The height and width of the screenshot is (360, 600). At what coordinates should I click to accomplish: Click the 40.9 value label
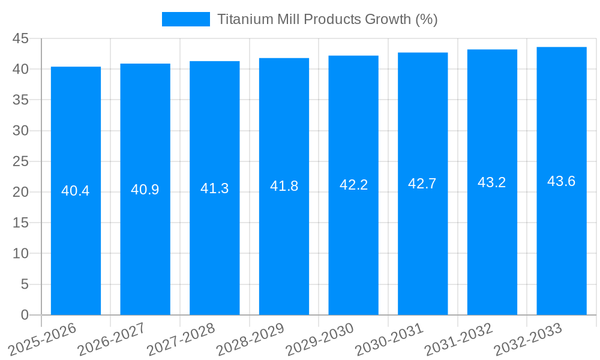(145, 190)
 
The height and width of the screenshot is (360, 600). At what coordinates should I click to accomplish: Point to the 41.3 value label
(214, 188)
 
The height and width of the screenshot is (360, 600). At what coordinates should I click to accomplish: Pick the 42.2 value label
(353, 185)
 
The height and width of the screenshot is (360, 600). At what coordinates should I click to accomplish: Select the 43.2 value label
(492, 182)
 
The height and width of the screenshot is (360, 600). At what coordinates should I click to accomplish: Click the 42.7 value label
(422, 184)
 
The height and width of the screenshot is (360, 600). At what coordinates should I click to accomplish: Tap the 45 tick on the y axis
(20, 38)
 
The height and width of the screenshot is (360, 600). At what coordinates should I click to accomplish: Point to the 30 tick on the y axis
(20, 131)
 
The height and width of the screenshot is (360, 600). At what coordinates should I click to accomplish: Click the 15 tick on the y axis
(20, 223)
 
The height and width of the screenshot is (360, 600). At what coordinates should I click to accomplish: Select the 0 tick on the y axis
(25, 315)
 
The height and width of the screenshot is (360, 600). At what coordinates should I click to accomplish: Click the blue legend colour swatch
(186, 19)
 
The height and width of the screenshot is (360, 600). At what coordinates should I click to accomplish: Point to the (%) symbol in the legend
(426, 19)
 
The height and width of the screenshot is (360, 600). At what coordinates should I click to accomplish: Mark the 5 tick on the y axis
(25, 284)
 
